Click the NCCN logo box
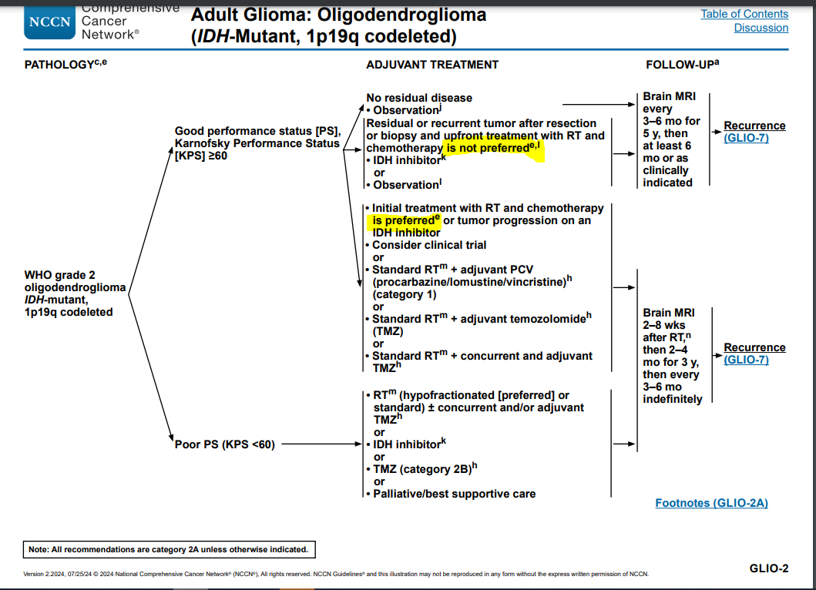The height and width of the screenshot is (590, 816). coord(49,22)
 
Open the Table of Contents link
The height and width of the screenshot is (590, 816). coord(744,14)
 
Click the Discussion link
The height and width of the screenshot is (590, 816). coord(761,28)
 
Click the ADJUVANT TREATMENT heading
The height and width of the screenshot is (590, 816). coord(432,65)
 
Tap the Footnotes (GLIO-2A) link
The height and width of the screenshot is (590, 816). coord(711,503)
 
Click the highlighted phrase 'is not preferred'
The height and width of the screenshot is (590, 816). coord(489,148)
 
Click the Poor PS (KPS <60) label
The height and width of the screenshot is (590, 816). coord(224,444)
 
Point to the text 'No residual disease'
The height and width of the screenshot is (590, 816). coord(419,98)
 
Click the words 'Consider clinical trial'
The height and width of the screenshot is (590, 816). coord(429,245)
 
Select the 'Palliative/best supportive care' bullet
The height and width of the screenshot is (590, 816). coord(454,494)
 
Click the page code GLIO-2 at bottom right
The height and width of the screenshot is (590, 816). coord(768,568)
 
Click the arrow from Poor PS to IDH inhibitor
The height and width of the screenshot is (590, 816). coord(320,444)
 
